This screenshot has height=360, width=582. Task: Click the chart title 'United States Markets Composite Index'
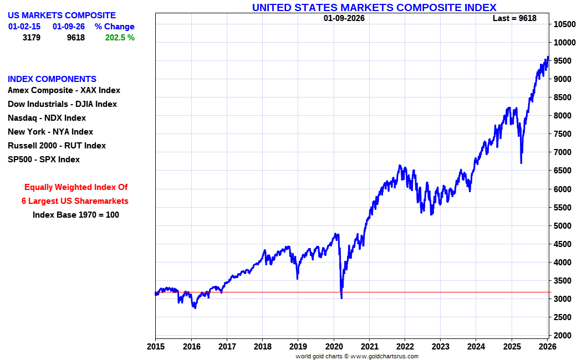click(x=374, y=7)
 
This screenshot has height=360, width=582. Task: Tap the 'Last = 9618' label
click(x=514, y=18)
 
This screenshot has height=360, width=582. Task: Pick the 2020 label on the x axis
click(x=334, y=347)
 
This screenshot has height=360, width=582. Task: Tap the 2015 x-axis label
click(x=156, y=347)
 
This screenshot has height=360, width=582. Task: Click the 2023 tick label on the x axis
click(x=441, y=347)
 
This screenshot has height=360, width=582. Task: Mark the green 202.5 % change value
click(x=120, y=38)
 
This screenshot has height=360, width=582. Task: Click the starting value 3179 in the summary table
click(x=31, y=38)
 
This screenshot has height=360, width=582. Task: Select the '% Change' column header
click(x=114, y=27)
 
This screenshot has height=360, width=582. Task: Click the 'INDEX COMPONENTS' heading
click(x=52, y=79)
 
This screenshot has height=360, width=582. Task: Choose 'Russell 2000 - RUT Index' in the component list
click(x=57, y=146)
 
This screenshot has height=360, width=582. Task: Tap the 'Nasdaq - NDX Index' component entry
click(x=47, y=118)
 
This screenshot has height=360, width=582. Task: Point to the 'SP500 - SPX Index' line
click(x=44, y=160)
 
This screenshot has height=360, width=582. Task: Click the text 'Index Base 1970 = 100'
click(x=75, y=215)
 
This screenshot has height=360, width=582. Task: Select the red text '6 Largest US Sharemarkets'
click(x=75, y=201)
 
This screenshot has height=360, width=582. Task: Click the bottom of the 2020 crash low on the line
click(x=341, y=298)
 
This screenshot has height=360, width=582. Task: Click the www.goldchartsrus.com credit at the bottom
click(x=385, y=356)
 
